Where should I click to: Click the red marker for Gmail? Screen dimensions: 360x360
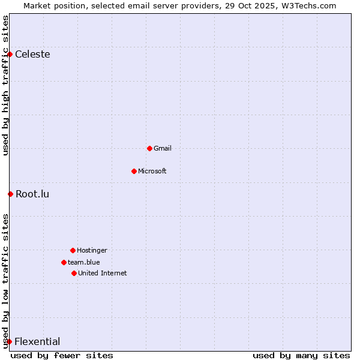(149, 148)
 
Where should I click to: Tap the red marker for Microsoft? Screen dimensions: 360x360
(134, 171)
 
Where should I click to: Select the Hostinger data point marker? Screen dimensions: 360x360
(73, 250)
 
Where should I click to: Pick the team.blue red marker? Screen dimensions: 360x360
(64, 262)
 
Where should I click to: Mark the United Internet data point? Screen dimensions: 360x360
(74, 273)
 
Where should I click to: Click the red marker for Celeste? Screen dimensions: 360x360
(10, 55)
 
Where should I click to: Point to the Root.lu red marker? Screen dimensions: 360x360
(10, 194)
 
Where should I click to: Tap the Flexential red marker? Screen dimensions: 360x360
(9, 342)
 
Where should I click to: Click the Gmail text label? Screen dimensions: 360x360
(163, 148)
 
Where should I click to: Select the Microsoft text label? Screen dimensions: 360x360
(152, 171)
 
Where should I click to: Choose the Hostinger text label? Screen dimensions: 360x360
(92, 250)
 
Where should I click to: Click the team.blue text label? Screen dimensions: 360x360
(84, 262)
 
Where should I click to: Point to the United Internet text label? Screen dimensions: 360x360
(103, 273)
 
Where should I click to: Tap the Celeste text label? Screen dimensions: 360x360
(32, 55)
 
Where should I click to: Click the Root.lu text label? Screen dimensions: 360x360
(32, 194)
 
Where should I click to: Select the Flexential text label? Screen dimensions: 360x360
(37, 342)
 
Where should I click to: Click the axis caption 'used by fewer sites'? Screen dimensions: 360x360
(62, 355)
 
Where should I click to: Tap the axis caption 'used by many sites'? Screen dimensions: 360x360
(301, 355)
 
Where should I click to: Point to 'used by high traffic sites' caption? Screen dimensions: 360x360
(5, 85)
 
